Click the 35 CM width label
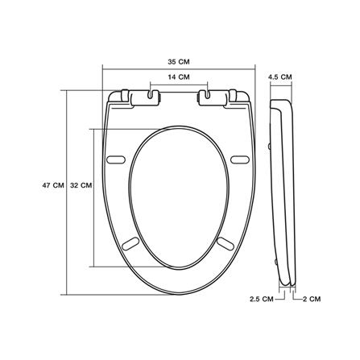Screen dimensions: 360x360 coord(179,62)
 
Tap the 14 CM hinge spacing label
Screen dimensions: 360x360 coord(179,77)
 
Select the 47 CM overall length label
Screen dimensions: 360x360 coord(53,185)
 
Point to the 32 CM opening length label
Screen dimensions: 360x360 coord(81,185)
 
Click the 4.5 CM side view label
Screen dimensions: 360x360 coord(280,77)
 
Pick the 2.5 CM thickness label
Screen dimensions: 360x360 coord(262,299)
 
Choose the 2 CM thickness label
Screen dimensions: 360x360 coord(312,299)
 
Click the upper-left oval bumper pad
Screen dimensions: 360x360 coord(116,159)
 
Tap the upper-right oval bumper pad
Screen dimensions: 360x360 coord(240,159)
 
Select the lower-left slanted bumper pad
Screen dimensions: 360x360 coord(130,244)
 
